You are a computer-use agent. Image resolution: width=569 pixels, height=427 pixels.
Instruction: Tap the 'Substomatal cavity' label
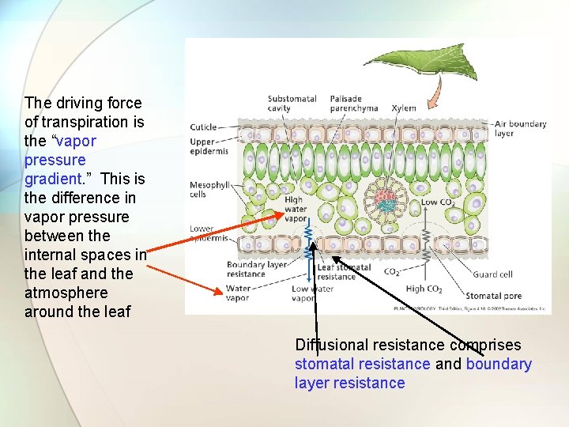292,104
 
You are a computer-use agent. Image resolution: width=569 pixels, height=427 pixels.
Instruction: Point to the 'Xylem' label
404,108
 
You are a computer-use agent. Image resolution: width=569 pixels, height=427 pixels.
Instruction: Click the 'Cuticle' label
203,127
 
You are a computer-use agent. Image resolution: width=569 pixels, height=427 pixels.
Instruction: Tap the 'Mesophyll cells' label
209,190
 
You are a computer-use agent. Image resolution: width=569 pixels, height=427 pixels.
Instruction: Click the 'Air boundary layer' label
519,128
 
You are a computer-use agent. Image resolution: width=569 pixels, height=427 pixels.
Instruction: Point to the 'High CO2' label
425,289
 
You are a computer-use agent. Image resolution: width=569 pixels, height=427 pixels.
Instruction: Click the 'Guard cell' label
492,274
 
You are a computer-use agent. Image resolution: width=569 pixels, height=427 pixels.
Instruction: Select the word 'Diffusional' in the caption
332,345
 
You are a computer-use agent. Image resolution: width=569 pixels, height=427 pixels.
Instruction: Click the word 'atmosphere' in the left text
66,293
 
